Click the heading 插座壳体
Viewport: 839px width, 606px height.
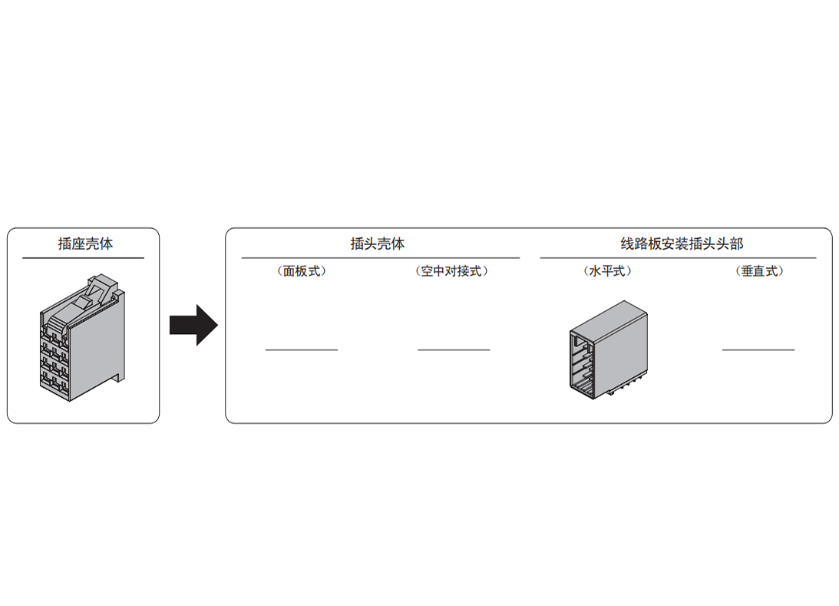pyautogui.click(x=86, y=243)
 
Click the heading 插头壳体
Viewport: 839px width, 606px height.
pyautogui.click(x=377, y=243)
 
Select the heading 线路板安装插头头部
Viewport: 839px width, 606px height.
pyautogui.click(x=682, y=243)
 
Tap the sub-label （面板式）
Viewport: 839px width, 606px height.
pyautogui.click(x=302, y=271)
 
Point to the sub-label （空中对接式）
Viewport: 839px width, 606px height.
pyautogui.click(x=452, y=271)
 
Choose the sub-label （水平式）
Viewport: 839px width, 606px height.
pyautogui.click(x=607, y=271)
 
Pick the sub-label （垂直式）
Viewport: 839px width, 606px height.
pyautogui.click(x=759, y=271)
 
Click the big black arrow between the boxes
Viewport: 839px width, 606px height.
pyautogui.click(x=193, y=325)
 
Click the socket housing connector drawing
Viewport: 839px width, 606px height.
pyautogui.click(x=82, y=338)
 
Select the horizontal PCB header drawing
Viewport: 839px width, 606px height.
pyautogui.click(x=609, y=349)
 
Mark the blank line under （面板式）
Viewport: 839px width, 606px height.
pyautogui.click(x=302, y=350)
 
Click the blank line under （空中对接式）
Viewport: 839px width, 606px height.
pyautogui.click(x=454, y=350)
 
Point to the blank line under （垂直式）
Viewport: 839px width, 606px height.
pyautogui.click(x=758, y=350)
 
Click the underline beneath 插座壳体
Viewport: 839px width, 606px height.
pyautogui.click(x=83, y=258)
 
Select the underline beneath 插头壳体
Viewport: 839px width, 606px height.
pyautogui.click(x=381, y=258)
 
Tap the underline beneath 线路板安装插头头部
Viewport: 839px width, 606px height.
pyautogui.click(x=678, y=258)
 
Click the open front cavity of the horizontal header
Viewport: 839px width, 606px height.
pyautogui.click(x=583, y=365)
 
